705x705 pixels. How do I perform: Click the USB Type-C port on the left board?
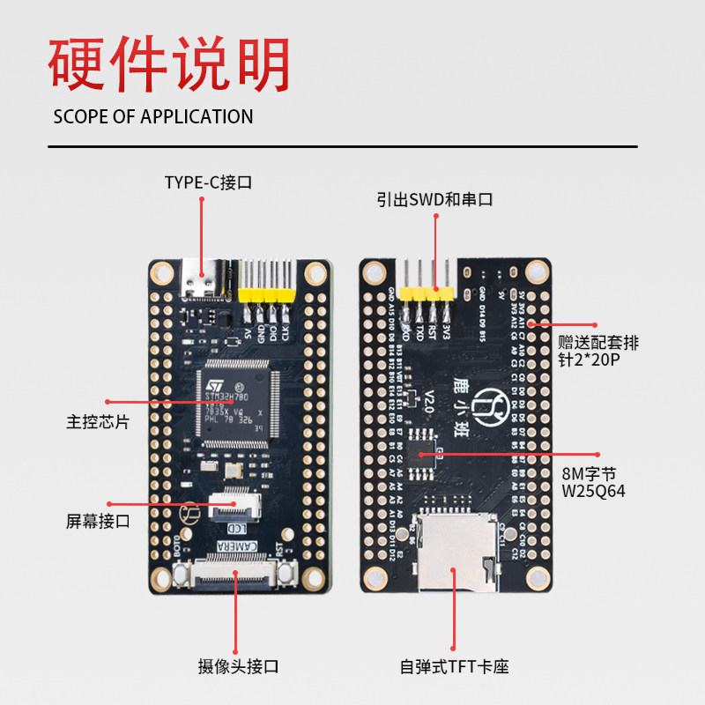[x=200, y=280]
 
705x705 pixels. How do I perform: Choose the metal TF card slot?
[x=452, y=552]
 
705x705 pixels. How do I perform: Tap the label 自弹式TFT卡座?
[x=454, y=667]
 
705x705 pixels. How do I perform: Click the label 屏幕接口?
[x=98, y=521]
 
